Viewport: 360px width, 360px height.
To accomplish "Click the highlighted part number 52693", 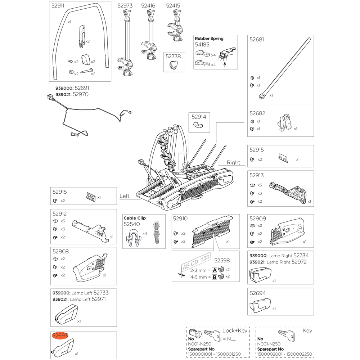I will click(x=60, y=336).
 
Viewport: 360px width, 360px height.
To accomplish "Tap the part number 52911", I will click(x=58, y=6).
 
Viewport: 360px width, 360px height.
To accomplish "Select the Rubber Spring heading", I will click(x=209, y=39).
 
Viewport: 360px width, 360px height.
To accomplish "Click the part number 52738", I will click(x=173, y=56).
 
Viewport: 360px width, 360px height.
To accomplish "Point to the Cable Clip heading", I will click(x=135, y=218).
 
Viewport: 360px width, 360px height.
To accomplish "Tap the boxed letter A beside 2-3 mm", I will click(x=214, y=270).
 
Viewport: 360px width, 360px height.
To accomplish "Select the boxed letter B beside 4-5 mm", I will click(x=214, y=277).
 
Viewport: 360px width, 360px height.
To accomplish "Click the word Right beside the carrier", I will click(x=233, y=162).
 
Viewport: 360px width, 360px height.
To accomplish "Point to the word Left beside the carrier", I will click(x=124, y=196).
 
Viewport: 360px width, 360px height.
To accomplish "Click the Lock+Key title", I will click(x=235, y=330).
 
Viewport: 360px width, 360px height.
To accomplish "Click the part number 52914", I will click(x=199, y=117).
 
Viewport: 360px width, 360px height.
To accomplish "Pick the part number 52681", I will click(x=257, y=40).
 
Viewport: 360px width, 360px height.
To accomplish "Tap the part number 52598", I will click(x=222, y=260).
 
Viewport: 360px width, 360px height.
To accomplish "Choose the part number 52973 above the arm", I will click(x=125, y=6).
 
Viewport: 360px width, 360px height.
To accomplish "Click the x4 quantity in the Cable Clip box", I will click(x=144, y=234).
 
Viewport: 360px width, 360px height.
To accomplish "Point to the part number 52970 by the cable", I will click(x=80, y=94).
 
